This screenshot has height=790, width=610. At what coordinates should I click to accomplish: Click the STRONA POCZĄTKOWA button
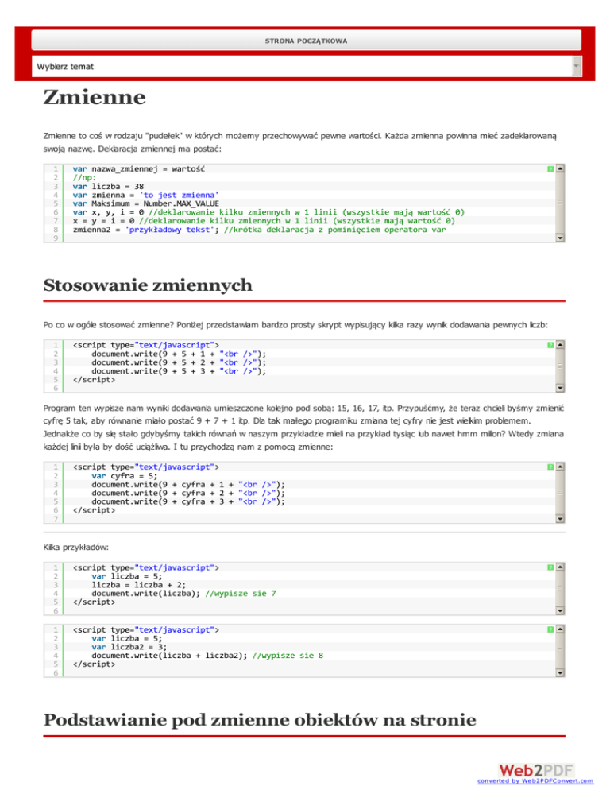(306, 40)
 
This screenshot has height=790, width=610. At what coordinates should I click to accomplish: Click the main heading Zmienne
(95, 99)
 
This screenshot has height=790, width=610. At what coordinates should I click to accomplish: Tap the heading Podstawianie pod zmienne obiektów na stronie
(259, 720)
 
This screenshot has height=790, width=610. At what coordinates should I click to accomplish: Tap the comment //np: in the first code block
(84, 177)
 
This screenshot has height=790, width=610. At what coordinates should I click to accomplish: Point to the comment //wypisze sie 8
(288, 656)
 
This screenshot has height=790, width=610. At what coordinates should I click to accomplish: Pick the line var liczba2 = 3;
(126, 647)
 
